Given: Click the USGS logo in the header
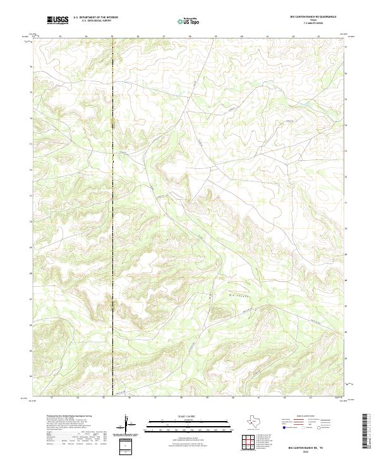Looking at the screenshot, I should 57,20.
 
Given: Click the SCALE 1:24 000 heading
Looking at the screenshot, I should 189,415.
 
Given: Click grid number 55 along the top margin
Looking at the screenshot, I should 112,37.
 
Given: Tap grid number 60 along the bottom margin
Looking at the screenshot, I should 233,398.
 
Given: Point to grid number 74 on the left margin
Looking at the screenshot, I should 30,118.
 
